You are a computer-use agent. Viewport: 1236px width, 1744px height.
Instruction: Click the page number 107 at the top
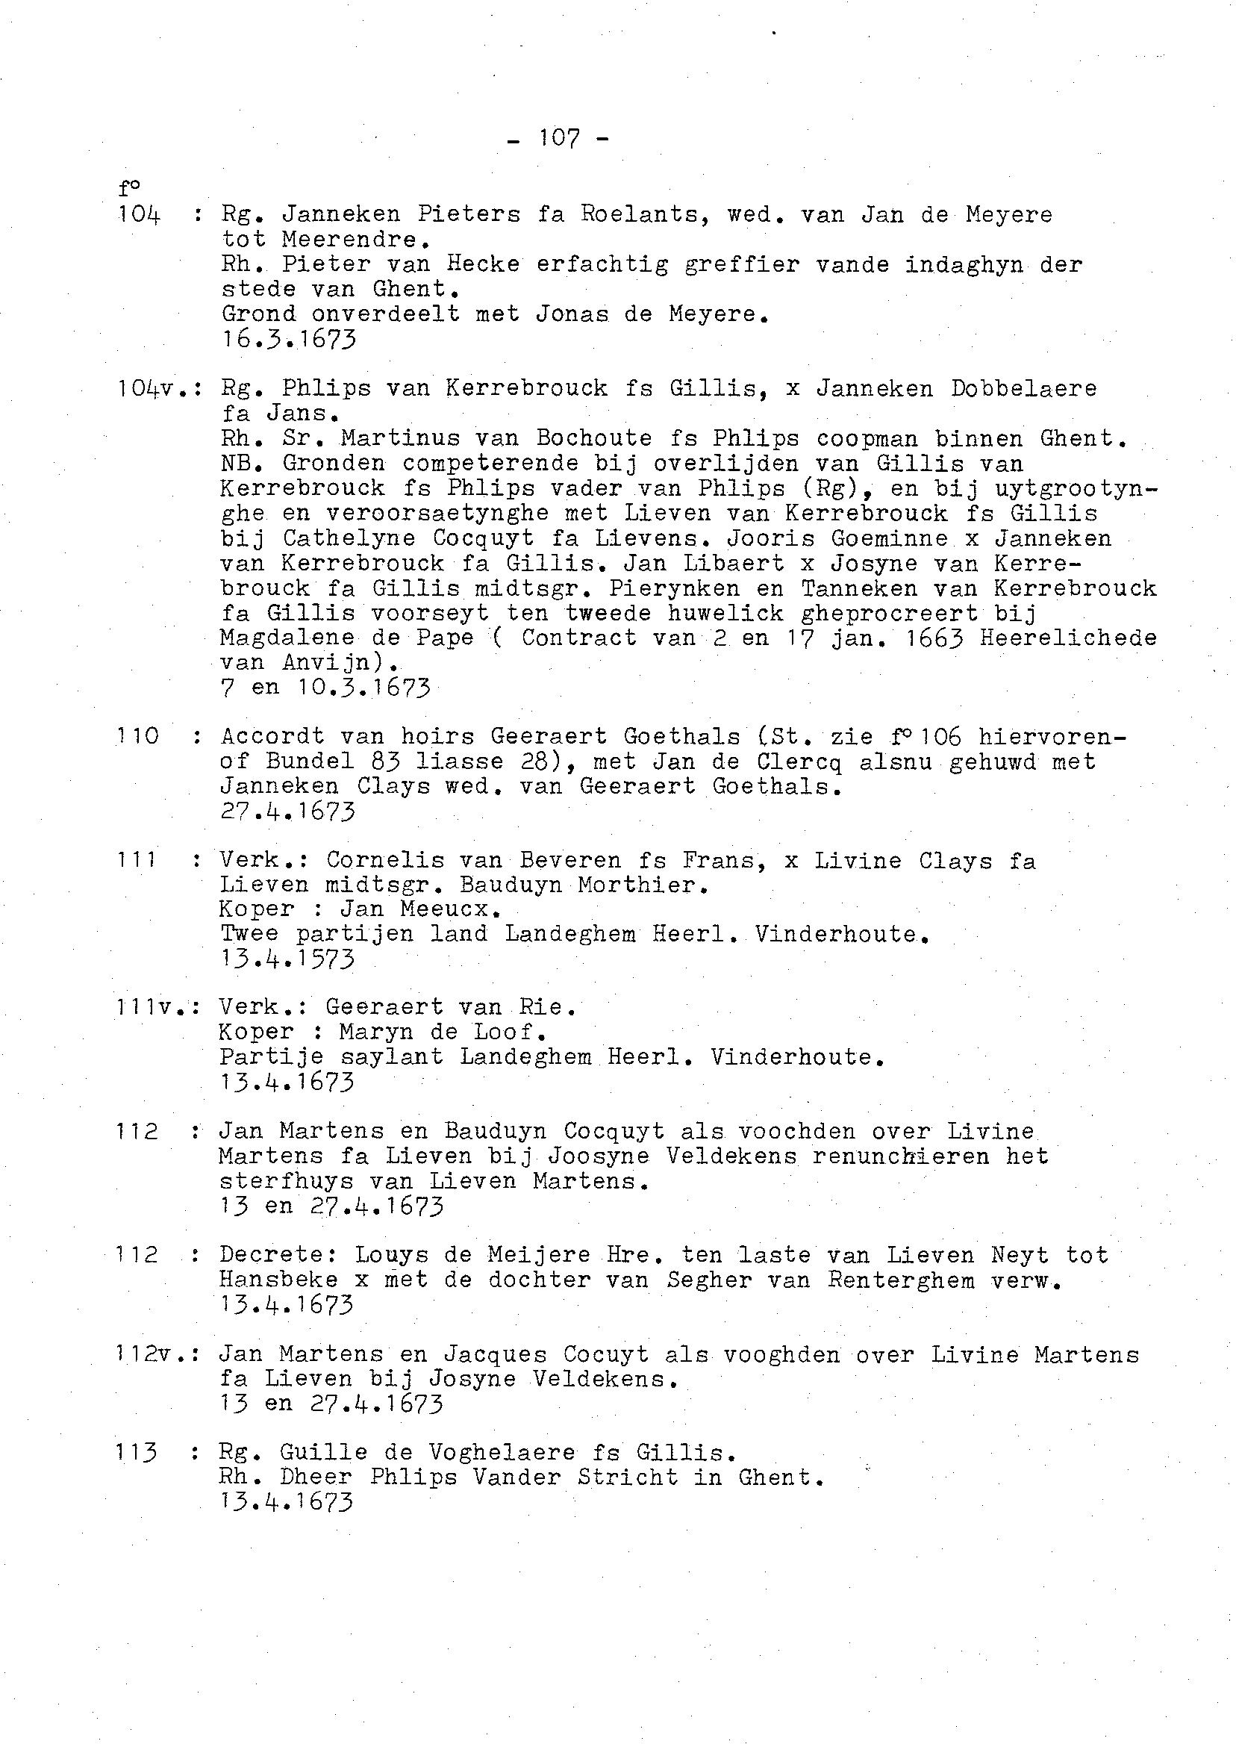tap(559, 138)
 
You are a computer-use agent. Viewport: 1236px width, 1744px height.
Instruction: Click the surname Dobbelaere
tap(1024, 388)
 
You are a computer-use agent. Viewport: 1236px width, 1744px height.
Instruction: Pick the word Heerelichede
tap(1068, 638)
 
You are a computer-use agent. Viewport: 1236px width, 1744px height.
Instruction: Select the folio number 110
tap(138, 736)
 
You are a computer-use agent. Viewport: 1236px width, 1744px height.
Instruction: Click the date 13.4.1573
tap(287, 959)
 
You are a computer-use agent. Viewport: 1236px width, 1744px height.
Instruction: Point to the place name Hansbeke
tap(278, 1280)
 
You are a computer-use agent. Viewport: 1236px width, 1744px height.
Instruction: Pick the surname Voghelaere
tap(502, 1452)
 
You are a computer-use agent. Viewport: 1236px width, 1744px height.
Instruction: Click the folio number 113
tap(137, 1452)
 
